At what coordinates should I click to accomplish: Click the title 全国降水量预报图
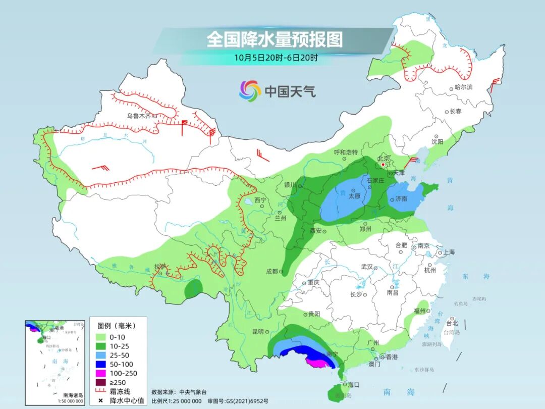click(x=275, y=40)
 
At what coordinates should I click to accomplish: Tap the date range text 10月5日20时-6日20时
click(x=276, y=58)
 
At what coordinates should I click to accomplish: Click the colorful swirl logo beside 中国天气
click(x=250, y=91)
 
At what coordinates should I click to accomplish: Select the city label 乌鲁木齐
click(x=139, y=116)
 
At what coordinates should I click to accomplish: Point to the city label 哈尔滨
click(x=464, y=87)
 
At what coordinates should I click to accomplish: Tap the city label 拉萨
click(x=160, y=266)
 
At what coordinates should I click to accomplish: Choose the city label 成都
click(x=271, y=271)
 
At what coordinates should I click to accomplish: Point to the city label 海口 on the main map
click(x=353, y=384)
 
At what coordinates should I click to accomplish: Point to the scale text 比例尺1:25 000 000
click(x=177, y=400)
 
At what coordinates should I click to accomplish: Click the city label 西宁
click(x=260, y=200)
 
